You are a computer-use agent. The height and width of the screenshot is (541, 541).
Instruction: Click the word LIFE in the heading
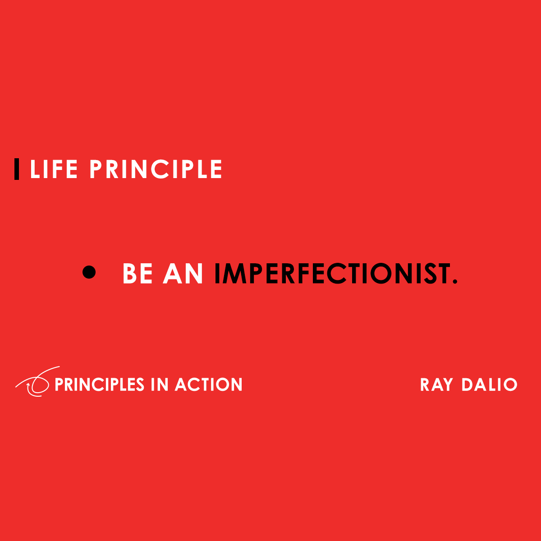pyautogui.click(x=54, y=170)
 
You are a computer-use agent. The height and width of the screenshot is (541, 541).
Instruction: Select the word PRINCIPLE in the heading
pyautogui.click(x=156, y=170)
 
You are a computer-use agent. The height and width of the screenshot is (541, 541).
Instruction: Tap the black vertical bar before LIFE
pyautogui.click(x=17, y=169)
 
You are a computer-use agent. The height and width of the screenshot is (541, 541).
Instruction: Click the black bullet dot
pyautogui.click(x=90, y=272)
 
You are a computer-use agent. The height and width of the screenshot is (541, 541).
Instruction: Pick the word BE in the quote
pyautogui.click(x=138, y=274)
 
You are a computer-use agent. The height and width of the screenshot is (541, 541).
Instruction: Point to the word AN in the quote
pyautogui.click(x=183, y=274)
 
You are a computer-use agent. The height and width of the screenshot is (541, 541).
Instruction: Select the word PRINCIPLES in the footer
pyautogui.click(x=99, y=385)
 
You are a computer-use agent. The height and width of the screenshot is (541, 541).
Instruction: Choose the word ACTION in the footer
pyautogui.click(x=209, y=385)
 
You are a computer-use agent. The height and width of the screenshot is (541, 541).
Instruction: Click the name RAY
pyautogui.click(x=436, y=385)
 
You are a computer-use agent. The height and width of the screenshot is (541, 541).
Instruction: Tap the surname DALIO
pyautogui.click(x=489, y=385)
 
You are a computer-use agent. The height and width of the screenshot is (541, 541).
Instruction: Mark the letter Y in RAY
pyautogui.click(x=447, y=385)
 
